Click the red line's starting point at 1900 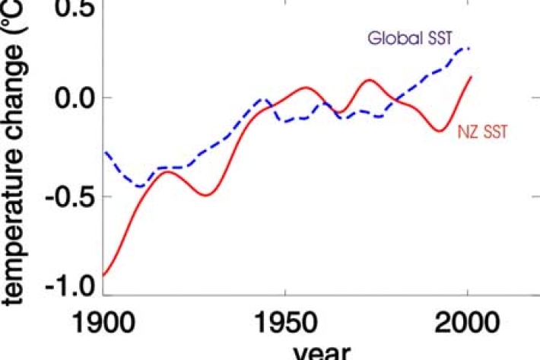click(104, 275)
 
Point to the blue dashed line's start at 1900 click(106, 152)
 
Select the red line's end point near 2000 click(472, 76)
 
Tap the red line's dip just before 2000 click(439, 131)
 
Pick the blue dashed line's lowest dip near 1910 click(140, 186)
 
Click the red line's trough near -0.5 click(205, 196)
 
